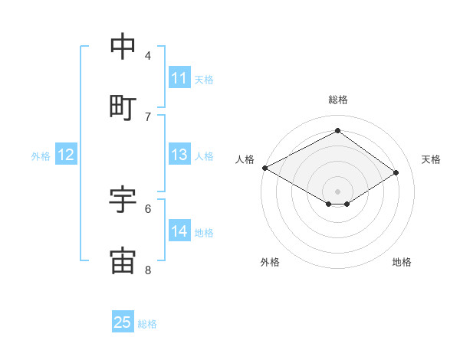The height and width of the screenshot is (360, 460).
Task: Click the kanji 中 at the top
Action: (123, 47)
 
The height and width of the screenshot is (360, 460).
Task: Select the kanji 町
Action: (123, 108)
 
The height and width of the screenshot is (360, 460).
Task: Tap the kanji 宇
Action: (123, 200)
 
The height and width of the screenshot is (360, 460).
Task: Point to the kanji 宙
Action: (123, 260)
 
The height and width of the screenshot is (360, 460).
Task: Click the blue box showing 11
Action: (179, 78)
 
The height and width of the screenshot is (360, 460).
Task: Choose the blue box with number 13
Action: (179, 155)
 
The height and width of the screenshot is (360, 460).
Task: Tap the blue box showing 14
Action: (179, 231)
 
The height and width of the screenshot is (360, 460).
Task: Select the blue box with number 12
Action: (66, 155)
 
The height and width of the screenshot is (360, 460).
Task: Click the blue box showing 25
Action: (123, 322)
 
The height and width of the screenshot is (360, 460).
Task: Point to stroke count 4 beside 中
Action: (148, 55)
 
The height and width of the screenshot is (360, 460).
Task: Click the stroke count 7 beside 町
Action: (148, 116)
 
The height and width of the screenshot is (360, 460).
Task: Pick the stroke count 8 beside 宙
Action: (148, 270)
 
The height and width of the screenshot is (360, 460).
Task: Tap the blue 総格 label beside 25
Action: (147, 324)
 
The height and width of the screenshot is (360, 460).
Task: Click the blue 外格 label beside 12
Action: (41, 156)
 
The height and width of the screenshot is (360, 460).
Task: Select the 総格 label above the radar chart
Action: (337, 100)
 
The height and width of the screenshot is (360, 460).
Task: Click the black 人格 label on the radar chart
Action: (245, 159)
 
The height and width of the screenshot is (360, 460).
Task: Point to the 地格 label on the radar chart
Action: (402, 262)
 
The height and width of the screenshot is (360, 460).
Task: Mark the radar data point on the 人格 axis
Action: (264, 168)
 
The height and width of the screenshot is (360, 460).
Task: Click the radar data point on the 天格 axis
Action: (396, 173)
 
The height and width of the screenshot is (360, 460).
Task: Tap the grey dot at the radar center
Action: (337, 191)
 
